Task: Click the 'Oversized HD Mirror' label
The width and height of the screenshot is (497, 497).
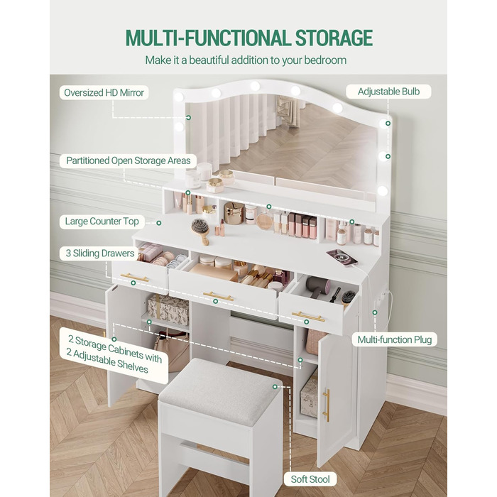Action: tap(104, 92)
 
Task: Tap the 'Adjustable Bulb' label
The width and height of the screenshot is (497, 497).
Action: tap(388, 92)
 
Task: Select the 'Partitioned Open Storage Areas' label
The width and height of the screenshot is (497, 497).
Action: tap(129, 160)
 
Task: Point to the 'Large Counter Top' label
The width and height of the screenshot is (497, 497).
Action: tap(102, 222)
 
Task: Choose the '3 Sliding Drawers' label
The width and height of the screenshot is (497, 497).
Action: tap(100, 253)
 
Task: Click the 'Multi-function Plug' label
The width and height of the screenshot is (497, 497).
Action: tap(395, 340)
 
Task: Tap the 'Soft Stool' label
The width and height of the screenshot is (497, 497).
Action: tap(310, 479)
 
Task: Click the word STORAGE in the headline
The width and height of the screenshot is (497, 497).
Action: tap(334, 38)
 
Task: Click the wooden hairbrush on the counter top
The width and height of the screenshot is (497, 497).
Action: tap(201, 231)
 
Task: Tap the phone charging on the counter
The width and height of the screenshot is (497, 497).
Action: tap(342, 257)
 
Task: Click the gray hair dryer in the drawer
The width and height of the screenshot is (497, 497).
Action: tap(318, 285)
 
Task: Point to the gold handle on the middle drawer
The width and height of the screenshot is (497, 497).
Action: tap(219, 297)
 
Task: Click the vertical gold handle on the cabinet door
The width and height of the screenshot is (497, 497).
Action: tap(326, 405)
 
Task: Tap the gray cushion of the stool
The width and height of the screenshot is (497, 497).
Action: tap(219, 390)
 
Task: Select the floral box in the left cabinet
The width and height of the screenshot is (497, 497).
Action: tap(169, 310)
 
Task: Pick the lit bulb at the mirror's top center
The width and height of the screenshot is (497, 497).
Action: tap(254, 86)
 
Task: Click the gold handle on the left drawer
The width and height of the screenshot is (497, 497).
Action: tap(134, 278)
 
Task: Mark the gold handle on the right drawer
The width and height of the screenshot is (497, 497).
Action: tap(308, 317)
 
